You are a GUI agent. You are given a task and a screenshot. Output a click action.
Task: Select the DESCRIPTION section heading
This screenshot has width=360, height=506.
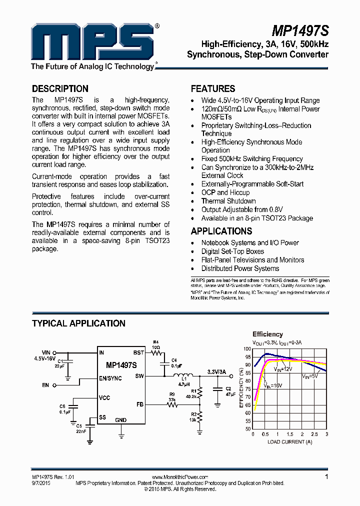tap(60, 88)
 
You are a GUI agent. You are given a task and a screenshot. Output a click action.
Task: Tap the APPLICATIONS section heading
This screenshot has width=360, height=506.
tap(221, 231)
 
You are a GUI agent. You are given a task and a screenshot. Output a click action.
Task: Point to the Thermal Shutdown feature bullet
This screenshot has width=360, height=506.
tap(228, 201)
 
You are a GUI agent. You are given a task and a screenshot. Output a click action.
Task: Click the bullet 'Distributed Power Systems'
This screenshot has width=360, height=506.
tap(240, 268)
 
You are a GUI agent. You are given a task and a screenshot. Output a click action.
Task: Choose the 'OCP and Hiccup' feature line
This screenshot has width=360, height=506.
tap(225, 192)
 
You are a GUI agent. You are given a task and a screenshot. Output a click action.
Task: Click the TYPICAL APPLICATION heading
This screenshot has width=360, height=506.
tap(78, 323)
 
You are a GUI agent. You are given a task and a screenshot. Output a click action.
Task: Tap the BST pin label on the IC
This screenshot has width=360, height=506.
tap(138, 352)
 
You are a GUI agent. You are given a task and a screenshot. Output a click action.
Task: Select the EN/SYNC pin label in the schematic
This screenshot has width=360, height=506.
tap(110, 378)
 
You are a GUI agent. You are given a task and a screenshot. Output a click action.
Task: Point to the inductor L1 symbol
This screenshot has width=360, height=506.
tap(185, 375)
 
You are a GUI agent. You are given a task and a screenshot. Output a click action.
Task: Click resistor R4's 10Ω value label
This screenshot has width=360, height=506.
tap(156, 347)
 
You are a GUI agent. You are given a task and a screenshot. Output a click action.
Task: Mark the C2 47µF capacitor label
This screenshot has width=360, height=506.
tap(227, 391)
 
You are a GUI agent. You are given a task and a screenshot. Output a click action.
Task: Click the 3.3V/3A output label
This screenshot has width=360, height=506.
tap(217, 371)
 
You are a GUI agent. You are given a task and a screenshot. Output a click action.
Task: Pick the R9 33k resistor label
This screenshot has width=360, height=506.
tap(171, 397)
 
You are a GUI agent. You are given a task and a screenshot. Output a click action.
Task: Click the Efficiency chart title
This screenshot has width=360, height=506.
tap(267, 334)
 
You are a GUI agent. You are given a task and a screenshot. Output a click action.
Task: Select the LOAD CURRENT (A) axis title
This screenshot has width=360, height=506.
tap(289, 441)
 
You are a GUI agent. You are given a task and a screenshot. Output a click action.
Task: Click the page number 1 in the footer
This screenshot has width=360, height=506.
tap(326, 477)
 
